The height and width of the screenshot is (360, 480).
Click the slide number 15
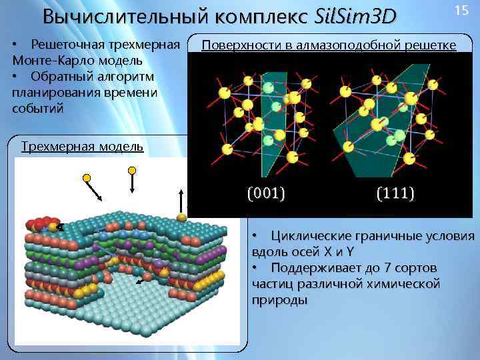(461, 10)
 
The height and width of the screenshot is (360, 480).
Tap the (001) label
(266, 194)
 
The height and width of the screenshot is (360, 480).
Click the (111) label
(395, 194)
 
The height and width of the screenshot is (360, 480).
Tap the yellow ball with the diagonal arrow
(87, 178)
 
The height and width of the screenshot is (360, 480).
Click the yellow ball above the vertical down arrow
(132, 171)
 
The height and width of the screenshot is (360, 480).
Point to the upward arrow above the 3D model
(181, 198)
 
